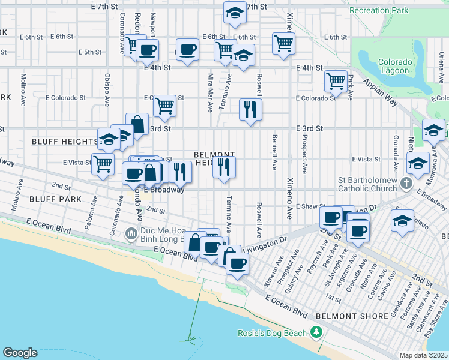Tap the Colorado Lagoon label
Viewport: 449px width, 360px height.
(395, 66)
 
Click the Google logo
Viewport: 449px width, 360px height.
(20, 353)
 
